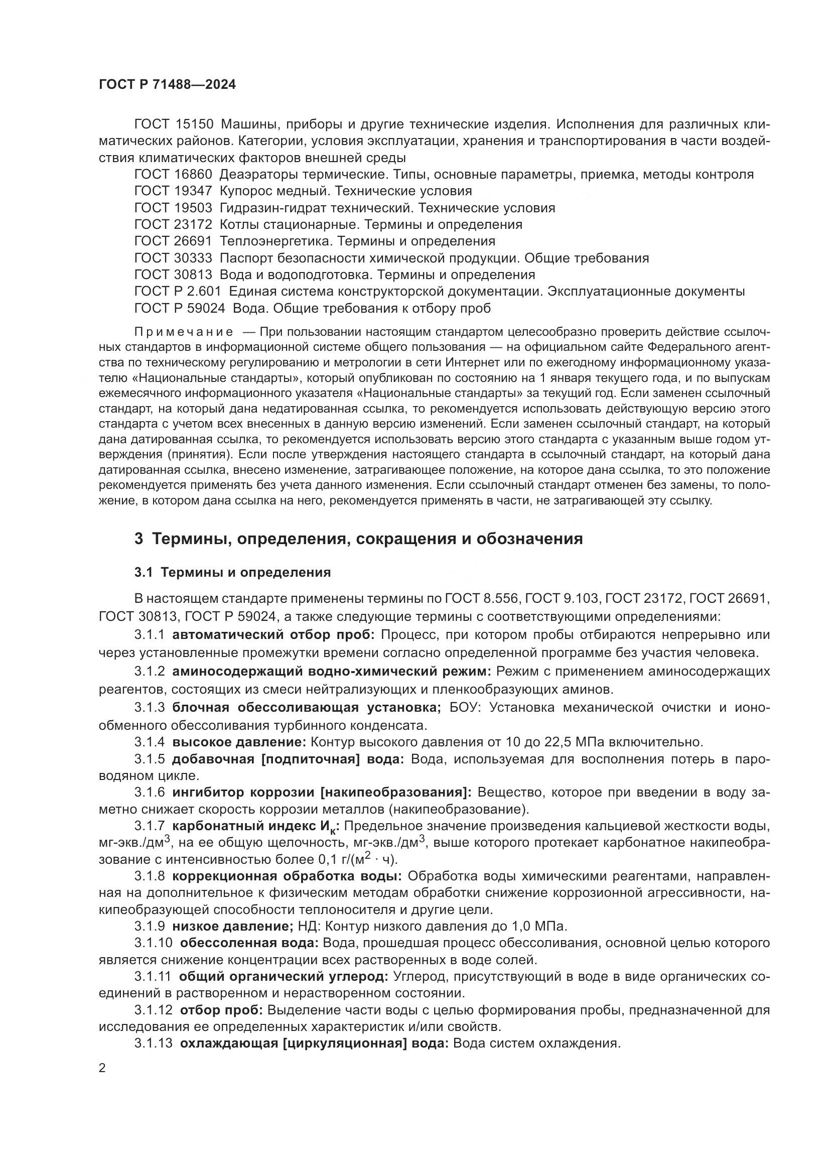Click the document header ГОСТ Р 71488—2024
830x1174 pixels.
point(167,85)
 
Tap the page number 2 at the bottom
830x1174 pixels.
point(102,1069)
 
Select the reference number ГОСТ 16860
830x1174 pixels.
point(173,174)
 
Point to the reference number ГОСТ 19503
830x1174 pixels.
point(173,208)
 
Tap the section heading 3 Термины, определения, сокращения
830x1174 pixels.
point(358,539)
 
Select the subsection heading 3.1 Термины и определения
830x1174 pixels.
point(232,573)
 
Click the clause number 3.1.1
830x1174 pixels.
point(149,635)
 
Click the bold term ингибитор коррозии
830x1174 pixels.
point(243,793)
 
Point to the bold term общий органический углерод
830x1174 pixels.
point(284,977)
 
